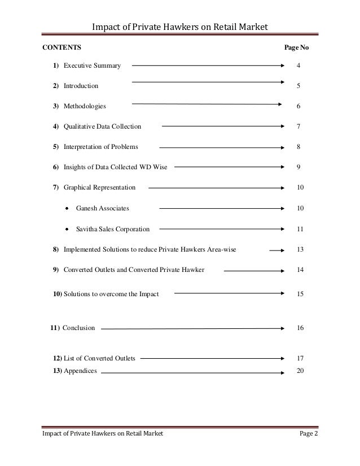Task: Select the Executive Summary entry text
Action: (92, 66)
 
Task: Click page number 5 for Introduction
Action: (298, 86)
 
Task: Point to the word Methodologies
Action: (84, 106)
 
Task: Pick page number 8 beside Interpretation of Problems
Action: (298, 147)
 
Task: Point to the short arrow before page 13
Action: (276, 249)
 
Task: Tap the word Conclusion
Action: (78, 327)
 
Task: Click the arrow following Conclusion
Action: (192, 328)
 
